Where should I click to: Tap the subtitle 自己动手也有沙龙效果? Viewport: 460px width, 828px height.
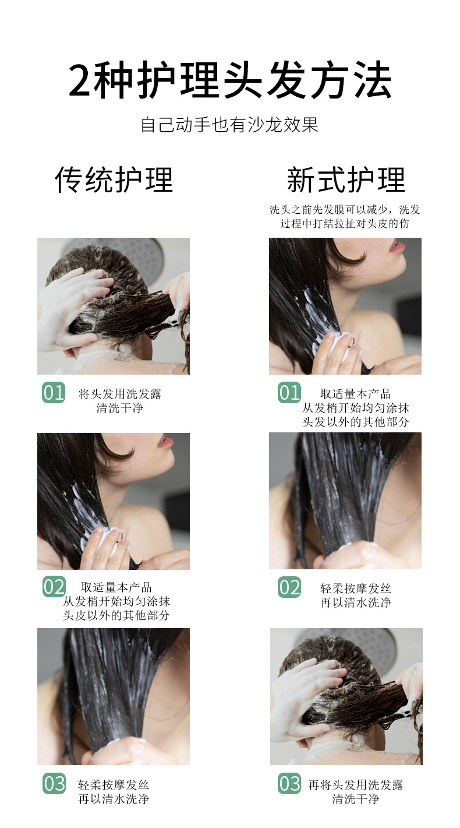pos(230,125)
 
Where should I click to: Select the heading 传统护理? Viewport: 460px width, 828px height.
pos(114,179)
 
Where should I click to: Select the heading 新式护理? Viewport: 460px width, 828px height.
pos(346,179)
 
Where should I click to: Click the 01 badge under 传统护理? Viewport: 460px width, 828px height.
pos(54,393)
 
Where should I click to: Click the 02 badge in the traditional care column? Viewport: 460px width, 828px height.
pos(54,587)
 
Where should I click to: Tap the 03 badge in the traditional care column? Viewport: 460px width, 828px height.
pos(54,784)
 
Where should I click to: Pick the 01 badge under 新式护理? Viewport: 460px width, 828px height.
pos(289,393)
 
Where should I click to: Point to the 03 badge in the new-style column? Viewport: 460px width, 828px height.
pos(289,784)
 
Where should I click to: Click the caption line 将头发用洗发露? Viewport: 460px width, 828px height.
pos(120,394)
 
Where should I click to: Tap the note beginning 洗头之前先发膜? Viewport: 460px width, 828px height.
pos(345,210)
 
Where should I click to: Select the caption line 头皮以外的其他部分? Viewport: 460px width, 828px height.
pos(116,615)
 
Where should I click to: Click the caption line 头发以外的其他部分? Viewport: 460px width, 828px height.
pos(355,422)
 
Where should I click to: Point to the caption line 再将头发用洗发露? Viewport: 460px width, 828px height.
pos(355,785)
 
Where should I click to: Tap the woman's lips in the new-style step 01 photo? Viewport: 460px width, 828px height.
pos(398,246)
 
